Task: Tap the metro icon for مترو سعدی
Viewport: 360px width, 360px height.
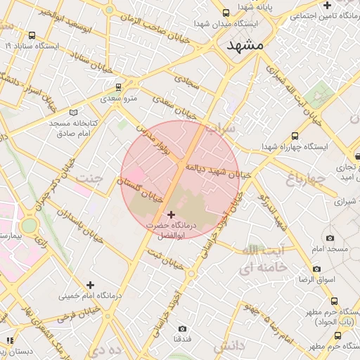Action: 118,87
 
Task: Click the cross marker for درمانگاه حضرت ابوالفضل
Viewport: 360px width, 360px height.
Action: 171,214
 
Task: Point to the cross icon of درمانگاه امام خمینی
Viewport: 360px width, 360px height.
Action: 89,285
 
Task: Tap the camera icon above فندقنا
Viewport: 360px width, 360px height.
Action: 183,328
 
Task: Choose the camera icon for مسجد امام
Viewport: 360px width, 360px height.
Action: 330,238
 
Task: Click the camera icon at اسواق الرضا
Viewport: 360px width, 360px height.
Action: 316,269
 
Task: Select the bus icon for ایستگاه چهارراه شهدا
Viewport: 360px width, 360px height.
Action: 295,136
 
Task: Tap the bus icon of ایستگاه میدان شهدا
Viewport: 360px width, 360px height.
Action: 226,13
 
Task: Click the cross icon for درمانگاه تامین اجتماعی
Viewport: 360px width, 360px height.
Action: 327,5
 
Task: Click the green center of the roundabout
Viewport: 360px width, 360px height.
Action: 29,226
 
